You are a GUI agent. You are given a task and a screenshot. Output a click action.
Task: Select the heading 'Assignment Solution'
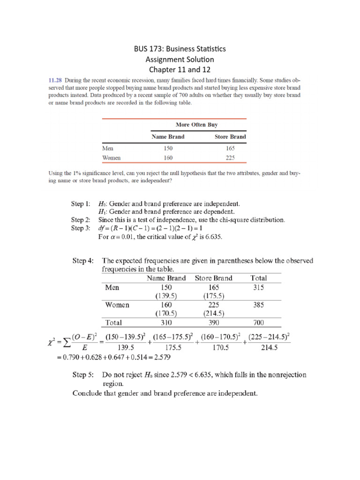click(x=180, y=60)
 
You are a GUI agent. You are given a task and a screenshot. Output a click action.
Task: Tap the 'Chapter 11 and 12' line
click(x=180, y=70)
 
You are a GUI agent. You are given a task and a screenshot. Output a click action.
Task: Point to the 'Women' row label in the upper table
click(x=112, y=158)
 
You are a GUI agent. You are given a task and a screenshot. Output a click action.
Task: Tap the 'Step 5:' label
click(x=82, y=375)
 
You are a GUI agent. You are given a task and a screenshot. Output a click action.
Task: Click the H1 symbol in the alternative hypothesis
click(x=102, y=212)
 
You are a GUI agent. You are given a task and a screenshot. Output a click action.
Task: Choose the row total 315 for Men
click(x=259, y=287)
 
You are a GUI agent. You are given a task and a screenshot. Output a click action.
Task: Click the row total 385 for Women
click(x=259, y=305)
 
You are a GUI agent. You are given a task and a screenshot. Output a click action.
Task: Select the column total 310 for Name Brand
click(x=166, y=322)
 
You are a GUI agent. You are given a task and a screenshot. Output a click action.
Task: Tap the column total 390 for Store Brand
click(x=213, y=322)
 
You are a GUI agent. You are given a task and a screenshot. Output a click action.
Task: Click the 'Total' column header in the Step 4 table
click(x=259, y=278)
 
